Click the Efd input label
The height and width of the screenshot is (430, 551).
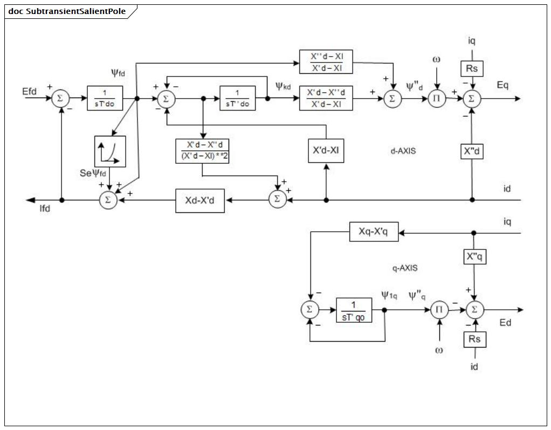pos(29,92)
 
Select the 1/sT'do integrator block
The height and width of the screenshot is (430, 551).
pos(105,98)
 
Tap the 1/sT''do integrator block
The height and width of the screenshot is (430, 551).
pos(238,98)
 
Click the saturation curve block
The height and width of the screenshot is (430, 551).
pos(110,151)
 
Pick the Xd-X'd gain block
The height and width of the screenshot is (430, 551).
pos(200,200)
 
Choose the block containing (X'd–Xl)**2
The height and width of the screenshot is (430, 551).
pos(202,151)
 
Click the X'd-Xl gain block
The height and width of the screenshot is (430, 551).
pos(326,151)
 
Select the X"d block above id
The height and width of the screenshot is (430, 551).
pos(472,151)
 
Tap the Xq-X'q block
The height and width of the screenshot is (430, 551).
pos(374,232)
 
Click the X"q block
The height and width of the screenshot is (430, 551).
pos(474,257)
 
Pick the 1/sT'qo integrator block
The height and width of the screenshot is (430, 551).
pos(354,310)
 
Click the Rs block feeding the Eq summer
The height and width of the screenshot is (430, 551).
pos(472,68)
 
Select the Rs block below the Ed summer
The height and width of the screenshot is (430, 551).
pos(475,339)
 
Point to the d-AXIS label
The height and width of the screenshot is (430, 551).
pos(403,151)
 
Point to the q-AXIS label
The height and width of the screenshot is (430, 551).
pos(405,268)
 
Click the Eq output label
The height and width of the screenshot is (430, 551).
pos(502,85)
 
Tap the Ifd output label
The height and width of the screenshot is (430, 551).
pos(45,209)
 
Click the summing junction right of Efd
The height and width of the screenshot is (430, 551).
pos(60,99)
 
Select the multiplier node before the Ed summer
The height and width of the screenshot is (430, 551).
pos(439,309)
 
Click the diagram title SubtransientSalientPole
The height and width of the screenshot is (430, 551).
pos(76,11)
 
